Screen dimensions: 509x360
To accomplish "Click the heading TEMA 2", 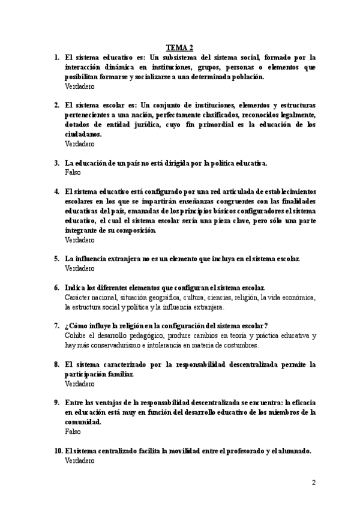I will pos(179,47).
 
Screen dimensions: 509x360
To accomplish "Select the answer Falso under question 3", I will pos(72,172).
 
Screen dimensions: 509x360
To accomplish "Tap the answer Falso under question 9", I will pos(72,431).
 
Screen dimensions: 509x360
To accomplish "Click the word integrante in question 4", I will pos(83,230).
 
